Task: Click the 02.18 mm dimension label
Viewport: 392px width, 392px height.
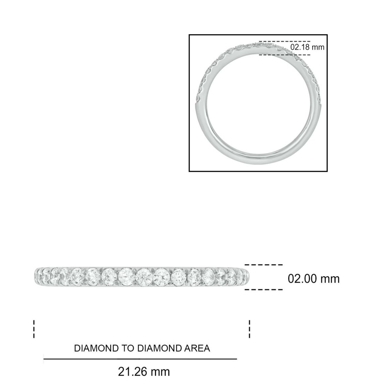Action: [x=307, y=47]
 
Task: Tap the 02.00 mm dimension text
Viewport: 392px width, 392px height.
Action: [x=314, y=279]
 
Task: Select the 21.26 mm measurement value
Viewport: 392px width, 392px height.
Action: [x=144, y=371]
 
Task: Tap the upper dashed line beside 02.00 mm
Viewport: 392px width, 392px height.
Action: [x=264, y=265]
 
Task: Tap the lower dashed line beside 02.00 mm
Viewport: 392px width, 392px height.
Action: [x=264, y=289]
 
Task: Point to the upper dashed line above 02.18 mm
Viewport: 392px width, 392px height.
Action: [x=284, y=41]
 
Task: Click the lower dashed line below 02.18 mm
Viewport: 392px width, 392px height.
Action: [x=284, y=55]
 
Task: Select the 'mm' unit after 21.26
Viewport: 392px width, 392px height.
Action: [x=160, y=371]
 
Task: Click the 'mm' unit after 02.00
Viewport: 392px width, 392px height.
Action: [x=330, y=279]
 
